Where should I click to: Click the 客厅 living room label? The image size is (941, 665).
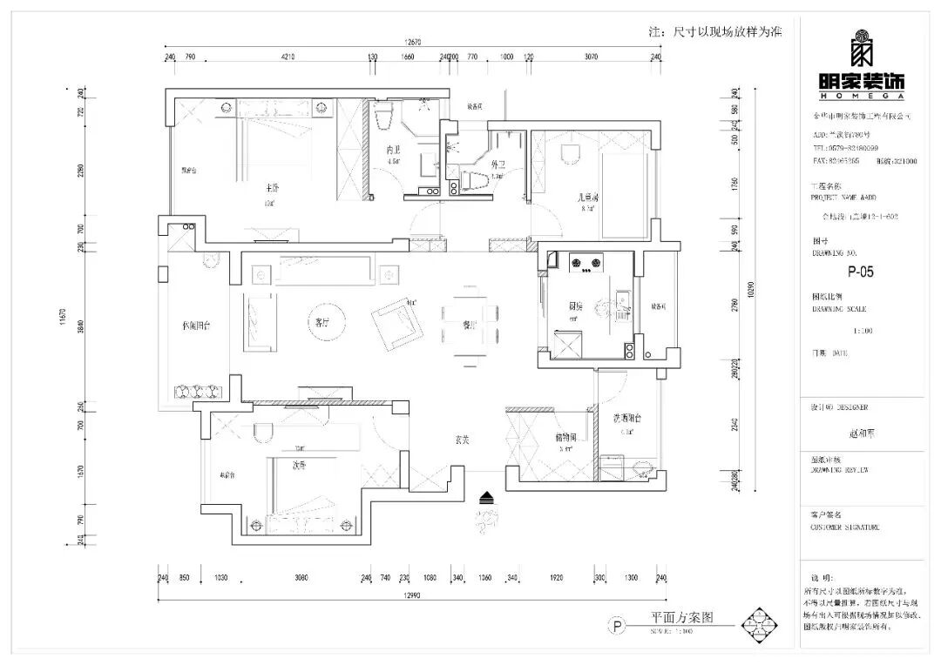322,322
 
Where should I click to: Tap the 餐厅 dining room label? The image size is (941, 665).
470,325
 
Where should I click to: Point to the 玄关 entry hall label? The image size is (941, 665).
462,440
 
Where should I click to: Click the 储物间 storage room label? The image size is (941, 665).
565,438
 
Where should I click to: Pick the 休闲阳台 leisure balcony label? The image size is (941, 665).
196,326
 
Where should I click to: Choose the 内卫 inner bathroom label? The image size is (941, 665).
394,150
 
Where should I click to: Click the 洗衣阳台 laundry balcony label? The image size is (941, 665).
626,419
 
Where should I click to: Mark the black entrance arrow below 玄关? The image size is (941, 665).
486,497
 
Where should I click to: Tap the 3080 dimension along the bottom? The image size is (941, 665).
300,578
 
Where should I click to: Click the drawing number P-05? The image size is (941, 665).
861,272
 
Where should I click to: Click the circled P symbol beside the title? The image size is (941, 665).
617,626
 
